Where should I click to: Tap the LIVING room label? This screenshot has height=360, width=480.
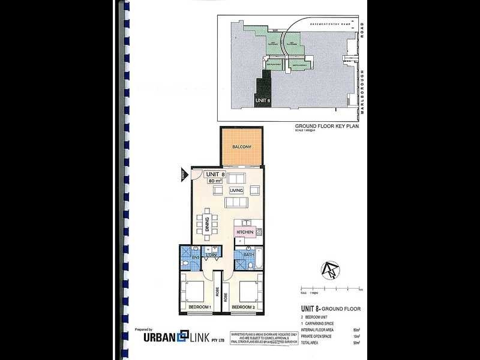(235, 191)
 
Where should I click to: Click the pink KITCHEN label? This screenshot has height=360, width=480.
(245, 232)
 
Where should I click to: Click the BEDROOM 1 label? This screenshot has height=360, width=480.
(200, 307)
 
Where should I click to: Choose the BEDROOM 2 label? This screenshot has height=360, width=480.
(244, 307)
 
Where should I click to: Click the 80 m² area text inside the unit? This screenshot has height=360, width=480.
(215, 180)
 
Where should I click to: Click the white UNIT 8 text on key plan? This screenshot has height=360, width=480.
(263, 100)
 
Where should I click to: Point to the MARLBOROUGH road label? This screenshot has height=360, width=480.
(363, 90)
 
